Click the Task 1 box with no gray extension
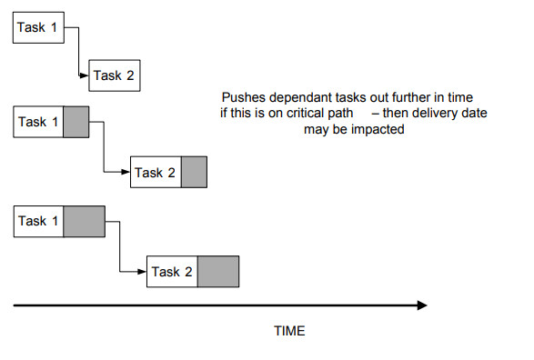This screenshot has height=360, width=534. [x=38, y=27]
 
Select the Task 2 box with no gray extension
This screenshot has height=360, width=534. [x=115, y=75]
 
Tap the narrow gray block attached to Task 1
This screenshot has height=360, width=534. [x=76, y=122]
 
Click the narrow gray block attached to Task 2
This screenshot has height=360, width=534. [x=194, y=172]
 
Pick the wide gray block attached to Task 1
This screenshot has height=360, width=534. [x=84, y=222]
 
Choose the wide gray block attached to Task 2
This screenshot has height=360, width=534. [x=218, y=272]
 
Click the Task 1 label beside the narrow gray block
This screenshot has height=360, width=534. [x=38, y=122]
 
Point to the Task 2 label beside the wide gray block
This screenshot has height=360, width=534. [x=172, y=272]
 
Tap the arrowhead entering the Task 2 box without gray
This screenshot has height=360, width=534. [x=84, y=75]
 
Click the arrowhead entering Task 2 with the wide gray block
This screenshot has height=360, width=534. [x=142, y=272]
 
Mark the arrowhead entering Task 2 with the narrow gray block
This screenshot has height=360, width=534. [x=126, y=172]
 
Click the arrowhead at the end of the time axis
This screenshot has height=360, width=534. [x=422, y=305]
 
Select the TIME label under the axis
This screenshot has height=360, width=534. [x=289, y=331]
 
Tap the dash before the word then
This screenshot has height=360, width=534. [x=376, y=114]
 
